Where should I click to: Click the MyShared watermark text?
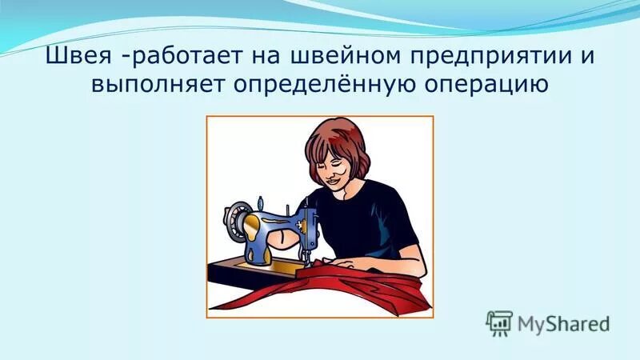click(563, 324)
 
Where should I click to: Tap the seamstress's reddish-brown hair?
click(336, 136)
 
